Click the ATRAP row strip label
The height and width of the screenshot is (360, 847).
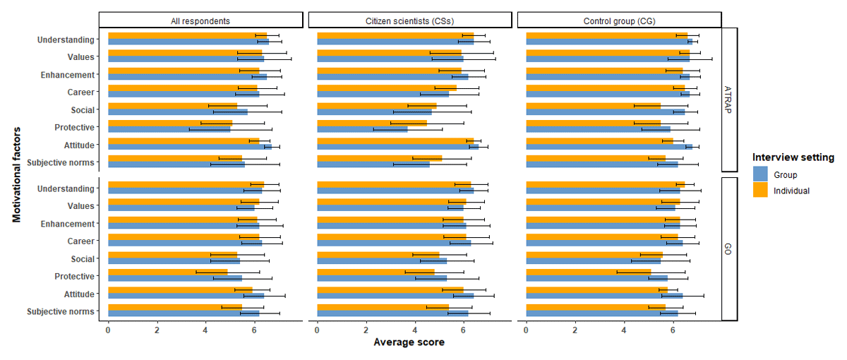pos(729,100)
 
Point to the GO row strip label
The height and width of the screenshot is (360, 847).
pos(729,249)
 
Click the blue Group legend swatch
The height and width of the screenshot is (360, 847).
pos(760,174)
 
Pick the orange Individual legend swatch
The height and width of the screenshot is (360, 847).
pos(760,191)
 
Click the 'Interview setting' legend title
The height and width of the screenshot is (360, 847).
pos(793,157)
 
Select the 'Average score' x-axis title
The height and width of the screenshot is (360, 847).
pos(409,342)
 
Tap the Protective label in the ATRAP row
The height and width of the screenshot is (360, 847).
pos(74,127)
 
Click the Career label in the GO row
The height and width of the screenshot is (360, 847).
pos(81,241)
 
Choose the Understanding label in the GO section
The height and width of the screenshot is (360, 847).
pos(66,188)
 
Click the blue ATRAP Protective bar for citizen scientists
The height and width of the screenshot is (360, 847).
pos(362,130)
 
